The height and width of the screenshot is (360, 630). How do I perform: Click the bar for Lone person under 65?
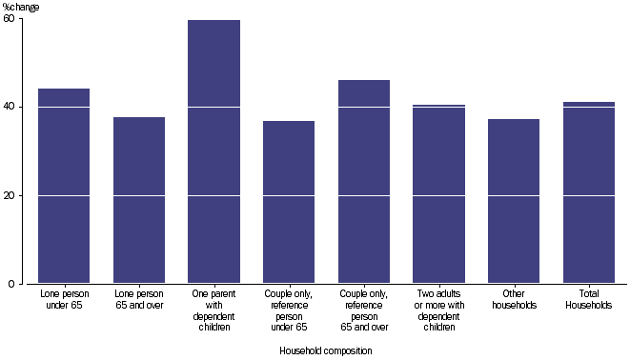click(x=64, y=186)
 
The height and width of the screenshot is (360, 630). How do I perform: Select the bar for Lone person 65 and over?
click(x=139, y=200)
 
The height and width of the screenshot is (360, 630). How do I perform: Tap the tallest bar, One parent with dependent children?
click(x=214, y=152)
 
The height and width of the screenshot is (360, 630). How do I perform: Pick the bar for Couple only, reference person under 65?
click(x=289, y=202)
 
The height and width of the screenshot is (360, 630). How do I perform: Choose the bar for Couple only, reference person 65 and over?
click(x=364, y=181)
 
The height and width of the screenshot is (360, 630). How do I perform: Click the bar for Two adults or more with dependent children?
click(x=439, y=194)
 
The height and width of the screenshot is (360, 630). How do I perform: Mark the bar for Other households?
click(x=514, y=201)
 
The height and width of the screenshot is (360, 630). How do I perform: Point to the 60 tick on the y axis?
click(x=9, y=19)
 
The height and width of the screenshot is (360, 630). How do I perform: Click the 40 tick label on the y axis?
click(x=9, y=107)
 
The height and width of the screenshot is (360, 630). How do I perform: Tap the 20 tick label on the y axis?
click(x=9, y=195)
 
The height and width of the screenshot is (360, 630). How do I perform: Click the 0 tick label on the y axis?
click(x=11, y=284)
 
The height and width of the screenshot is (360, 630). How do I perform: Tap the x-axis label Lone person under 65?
click(x=64, y=300)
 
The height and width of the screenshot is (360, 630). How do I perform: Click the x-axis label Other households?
click(x=514, y=300)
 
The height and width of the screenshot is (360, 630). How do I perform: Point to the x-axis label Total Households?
click(x=589, y=300)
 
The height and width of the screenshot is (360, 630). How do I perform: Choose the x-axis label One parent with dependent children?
click(x=214, y=310)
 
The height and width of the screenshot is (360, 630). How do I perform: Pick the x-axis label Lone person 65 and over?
click(x=139, y=300)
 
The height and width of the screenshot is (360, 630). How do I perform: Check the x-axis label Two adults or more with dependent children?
click(x=439, y=310)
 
